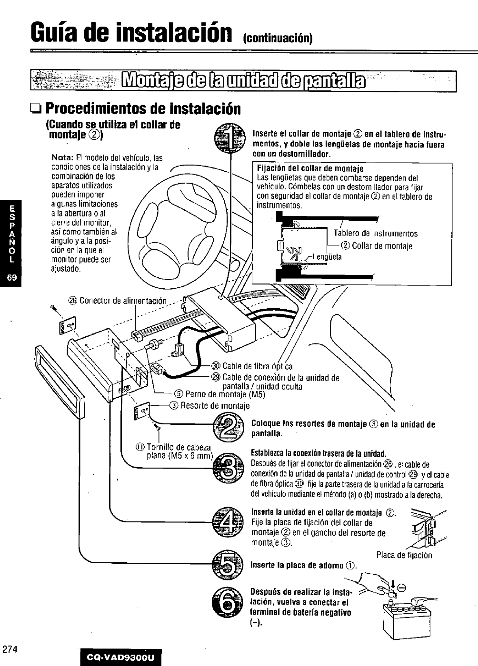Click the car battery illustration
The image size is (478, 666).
click(409, 618)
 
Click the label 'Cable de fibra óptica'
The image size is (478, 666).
click(258, 366)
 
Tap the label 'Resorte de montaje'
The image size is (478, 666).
click(215, 406)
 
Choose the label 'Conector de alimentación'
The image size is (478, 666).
click(123, 301)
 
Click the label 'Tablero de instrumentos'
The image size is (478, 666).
click(375, 234)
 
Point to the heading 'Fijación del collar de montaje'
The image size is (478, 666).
click(310, 169)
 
